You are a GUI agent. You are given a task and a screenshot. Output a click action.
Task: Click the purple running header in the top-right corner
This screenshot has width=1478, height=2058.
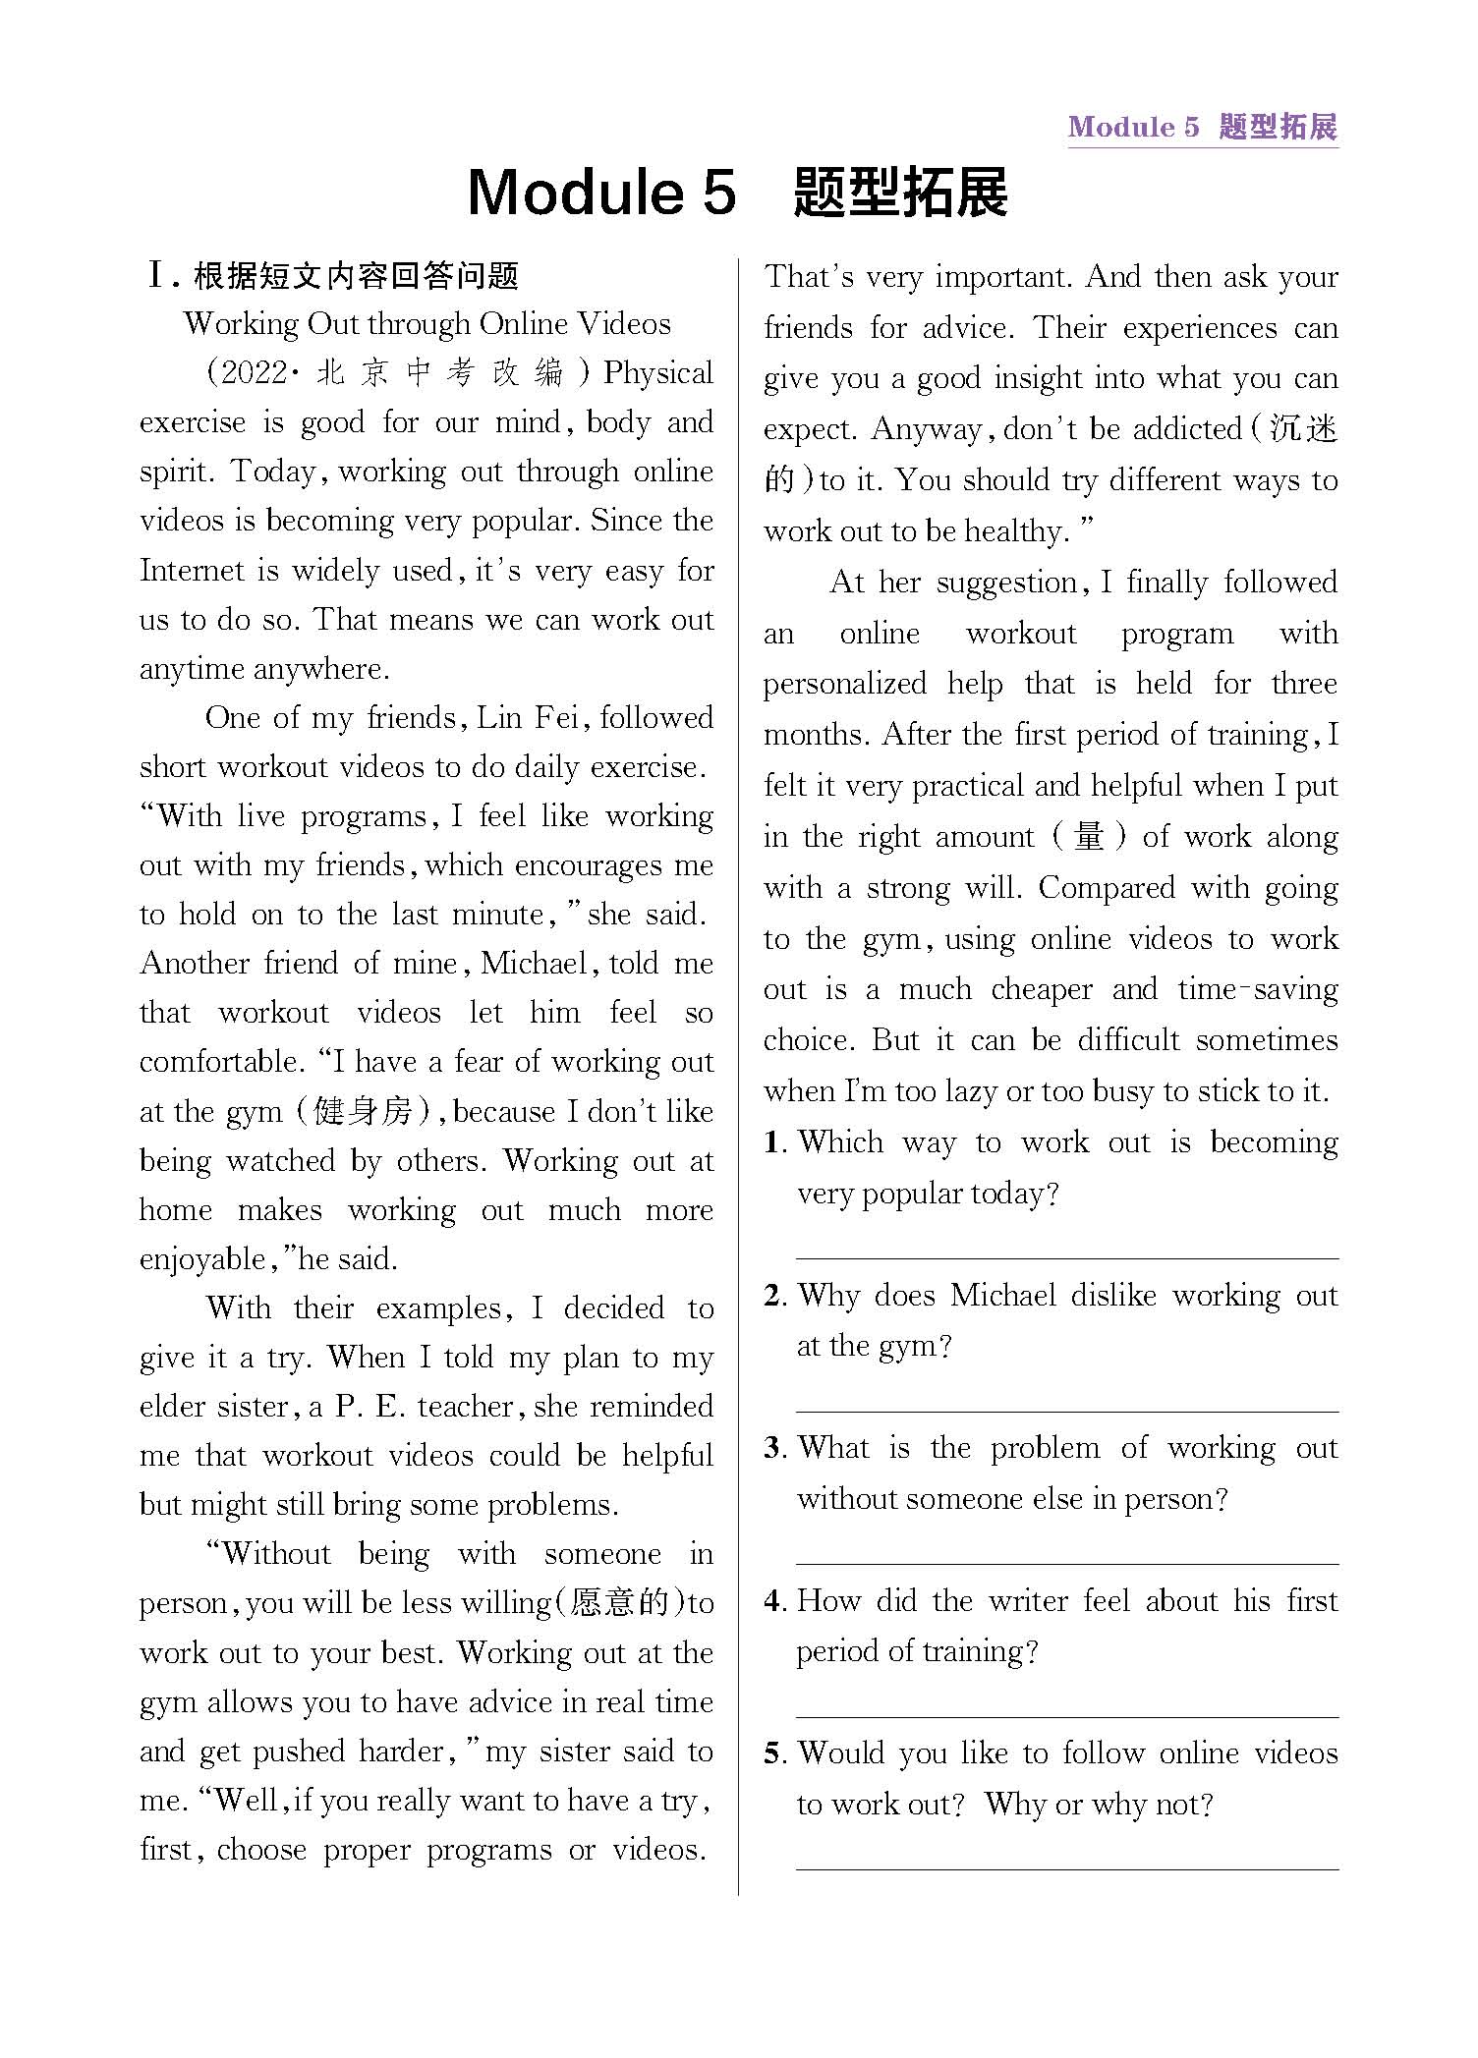(x=1202, y=127)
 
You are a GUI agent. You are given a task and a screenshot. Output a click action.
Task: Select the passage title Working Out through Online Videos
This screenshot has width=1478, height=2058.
(x=427, y=323)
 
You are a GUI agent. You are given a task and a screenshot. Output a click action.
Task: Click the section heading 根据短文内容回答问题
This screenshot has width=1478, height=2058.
(x=356, y=276)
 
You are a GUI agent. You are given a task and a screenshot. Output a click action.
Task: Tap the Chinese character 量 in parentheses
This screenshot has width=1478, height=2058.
(x=1089, y=837)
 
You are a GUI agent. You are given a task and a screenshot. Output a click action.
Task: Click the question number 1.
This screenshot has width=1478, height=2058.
(x=773, y=1142)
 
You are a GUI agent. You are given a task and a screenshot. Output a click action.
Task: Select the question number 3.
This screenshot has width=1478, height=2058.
(x=773, y=1448)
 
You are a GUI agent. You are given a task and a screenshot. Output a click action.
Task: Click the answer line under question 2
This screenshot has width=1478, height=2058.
(x=1066, y=1411)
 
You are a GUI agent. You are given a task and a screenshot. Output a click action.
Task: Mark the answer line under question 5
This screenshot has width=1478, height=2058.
(x=1066, y=1868)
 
